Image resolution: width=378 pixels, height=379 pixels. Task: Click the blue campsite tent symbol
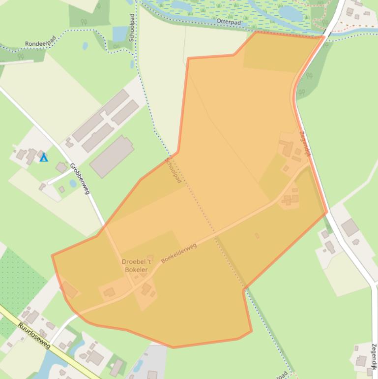[x=44, y=158]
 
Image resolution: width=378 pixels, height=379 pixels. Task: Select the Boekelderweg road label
[x=179, y=253]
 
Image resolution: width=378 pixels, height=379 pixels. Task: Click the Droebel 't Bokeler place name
[x=135, y=266]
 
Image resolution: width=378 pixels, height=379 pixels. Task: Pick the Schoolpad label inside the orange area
[x=174, y=170]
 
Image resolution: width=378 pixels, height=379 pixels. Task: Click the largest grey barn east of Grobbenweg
[x=112, y=157]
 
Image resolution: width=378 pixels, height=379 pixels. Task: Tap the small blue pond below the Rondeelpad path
[x=85, y=46]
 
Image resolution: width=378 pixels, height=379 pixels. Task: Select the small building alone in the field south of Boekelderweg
[x=257, y=236]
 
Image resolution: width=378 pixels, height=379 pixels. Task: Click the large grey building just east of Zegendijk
[x=350, y=227]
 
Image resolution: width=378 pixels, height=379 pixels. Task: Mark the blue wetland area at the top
[x=231, y=10]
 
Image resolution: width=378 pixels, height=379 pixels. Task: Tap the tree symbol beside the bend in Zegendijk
[x=309, y=76]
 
